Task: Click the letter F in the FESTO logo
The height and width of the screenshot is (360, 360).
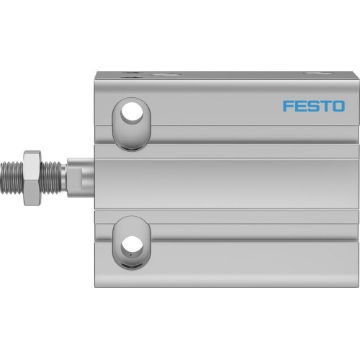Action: (287, 106)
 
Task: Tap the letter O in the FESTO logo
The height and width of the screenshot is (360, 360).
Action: (337, 106)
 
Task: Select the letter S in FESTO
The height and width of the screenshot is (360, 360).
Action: (312, 106)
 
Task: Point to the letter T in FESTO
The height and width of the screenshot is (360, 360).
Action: (324, 106)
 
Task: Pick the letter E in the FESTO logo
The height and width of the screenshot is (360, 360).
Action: (300, 106)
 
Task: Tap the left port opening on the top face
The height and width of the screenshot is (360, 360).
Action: (132, 73)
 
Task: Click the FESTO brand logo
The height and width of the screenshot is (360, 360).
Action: (312, 106)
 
